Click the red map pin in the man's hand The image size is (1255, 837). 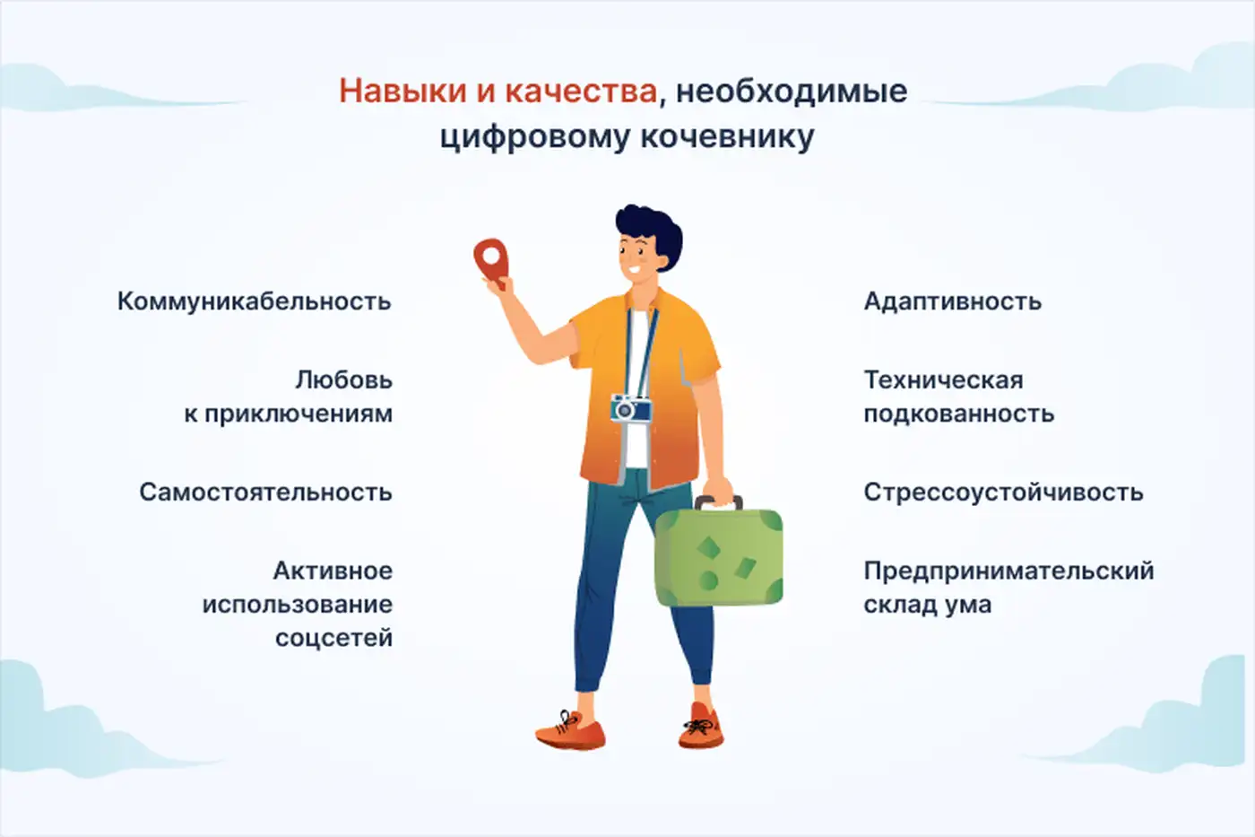point(490,257)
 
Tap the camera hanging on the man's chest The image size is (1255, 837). point(631,409)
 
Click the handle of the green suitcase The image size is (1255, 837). point(719,501)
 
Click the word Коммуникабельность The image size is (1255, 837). point(255,301)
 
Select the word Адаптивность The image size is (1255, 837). point(952,301)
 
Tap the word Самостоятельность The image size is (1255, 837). point(265,493)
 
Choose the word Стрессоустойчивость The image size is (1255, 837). point(1003,493)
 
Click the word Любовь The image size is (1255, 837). point(343,380)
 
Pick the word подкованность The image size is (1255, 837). point(958,414)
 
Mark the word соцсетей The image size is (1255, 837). point(333,639)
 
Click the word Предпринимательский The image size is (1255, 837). point(1008,571)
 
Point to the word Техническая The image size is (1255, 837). point(943,380)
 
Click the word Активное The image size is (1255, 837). point(333,571)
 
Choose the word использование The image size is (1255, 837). point(297,605)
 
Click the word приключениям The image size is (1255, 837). point(299,414)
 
